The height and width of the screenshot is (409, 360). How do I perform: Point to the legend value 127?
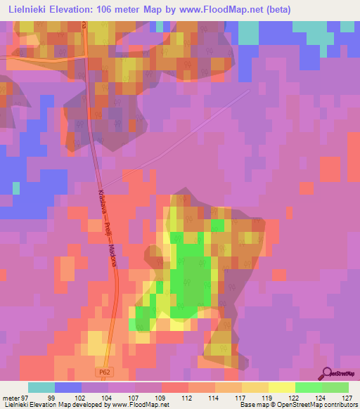347,397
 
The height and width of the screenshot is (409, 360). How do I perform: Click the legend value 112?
186,397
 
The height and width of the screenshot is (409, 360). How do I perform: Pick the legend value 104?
105,397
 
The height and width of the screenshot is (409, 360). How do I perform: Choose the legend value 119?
266,397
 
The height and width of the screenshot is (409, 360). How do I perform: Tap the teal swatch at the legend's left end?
41,387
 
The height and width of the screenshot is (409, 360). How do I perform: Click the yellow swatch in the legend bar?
281,387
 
